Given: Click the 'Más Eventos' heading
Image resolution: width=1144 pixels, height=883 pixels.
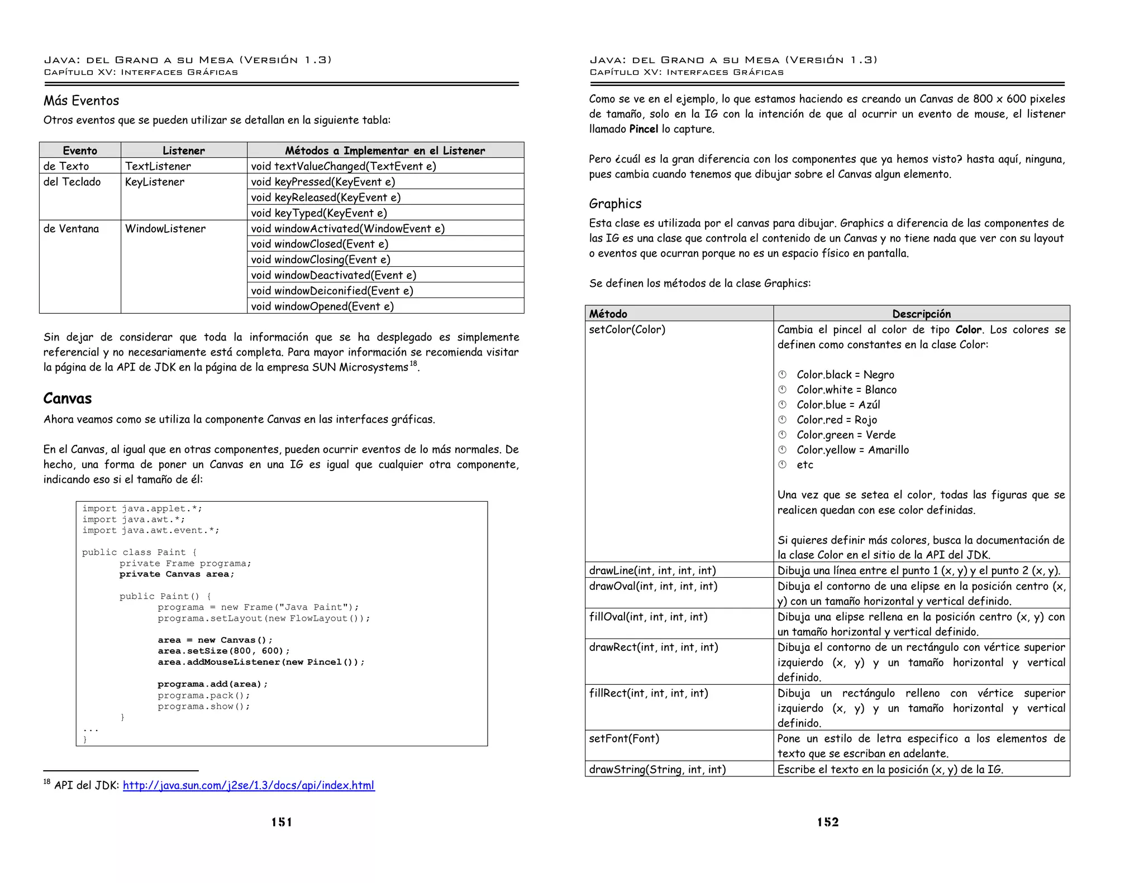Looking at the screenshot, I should coord(82,101).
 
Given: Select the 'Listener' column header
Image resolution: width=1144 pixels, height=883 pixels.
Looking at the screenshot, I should coord(183,151).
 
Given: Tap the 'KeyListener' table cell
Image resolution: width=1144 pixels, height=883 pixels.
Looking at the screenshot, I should coord(155,182).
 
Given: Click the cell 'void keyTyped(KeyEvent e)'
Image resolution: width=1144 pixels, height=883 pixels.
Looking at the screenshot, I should coord(319,213).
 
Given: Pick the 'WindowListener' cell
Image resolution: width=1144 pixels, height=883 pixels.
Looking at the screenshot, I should coord(165,229).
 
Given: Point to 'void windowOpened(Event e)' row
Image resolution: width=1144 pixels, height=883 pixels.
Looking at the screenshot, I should coord(322,306).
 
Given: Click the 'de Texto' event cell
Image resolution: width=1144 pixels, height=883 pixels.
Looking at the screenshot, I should coord(66,166).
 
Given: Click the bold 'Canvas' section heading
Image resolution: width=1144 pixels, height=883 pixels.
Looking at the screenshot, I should coord(68,399).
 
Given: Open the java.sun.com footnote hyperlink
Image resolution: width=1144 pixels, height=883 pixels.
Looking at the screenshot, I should coord(249,786).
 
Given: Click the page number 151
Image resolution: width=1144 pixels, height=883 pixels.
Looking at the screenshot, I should coord(282,822).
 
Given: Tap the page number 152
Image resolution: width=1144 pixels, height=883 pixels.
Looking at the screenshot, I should coord(827,822).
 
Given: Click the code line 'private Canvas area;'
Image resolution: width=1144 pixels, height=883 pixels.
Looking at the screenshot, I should coord(177,574).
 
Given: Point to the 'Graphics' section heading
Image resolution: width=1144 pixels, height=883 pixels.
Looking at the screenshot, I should coord(615,204).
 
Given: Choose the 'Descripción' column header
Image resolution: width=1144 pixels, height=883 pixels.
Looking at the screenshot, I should coord(921,314).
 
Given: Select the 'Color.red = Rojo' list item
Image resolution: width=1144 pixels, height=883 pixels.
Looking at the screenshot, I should coord(836,420).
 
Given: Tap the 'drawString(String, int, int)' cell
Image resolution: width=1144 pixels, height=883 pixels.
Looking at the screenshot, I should coord(657,770).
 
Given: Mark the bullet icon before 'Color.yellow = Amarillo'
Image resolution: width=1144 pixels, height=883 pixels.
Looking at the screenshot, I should coord(783,450).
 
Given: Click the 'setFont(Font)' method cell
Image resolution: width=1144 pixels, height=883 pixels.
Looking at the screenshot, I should coord(624,739).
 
